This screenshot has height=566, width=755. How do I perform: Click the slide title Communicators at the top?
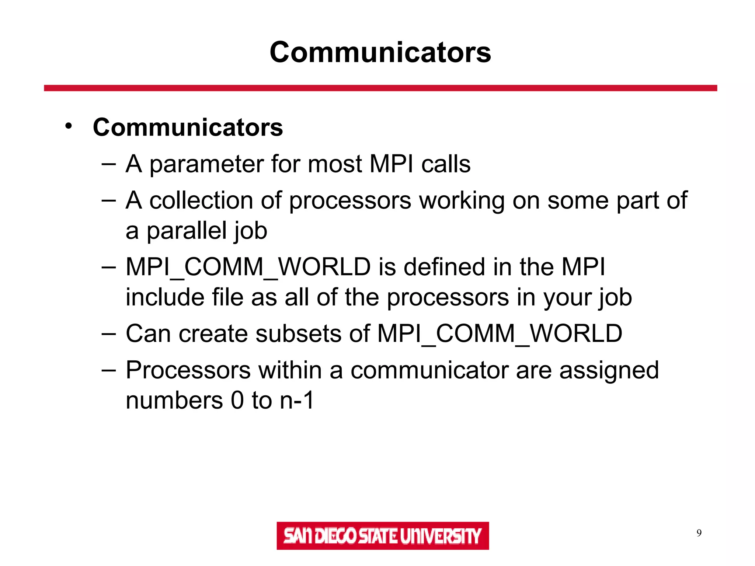380,52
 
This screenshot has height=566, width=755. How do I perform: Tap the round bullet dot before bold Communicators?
68,126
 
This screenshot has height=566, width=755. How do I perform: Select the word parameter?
206,164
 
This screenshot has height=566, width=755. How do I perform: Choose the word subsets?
298,333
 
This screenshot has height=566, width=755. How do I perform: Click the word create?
213,333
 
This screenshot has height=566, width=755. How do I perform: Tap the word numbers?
174,401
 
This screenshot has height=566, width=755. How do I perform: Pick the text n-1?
297,401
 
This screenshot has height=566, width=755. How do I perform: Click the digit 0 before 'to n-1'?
237,401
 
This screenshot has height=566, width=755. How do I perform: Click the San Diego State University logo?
383,535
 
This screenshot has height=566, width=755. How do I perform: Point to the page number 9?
699,533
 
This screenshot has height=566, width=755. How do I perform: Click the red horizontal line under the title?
380,88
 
